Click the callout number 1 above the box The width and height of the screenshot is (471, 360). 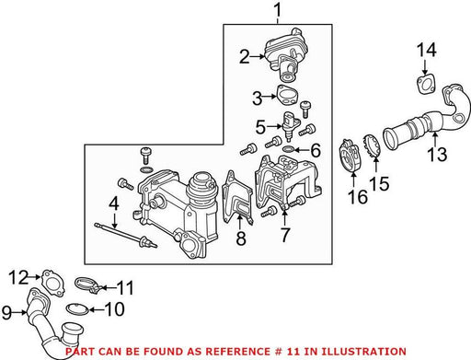pyautogui.click(x=277, y=10)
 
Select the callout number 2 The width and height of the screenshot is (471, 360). pyautogui.click(x=245, y=57)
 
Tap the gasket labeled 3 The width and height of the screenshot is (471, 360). pyautogui.click(x=288, y=95)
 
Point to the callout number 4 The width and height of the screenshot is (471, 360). pyautogui.click(x=114, y=203)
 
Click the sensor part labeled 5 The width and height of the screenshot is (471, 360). pyautogui.click(x=289, y=125)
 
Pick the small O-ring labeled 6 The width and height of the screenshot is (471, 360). pyautogui.click(x=289, y=149)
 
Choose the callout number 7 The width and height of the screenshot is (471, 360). pyautogui.click(x=285, y=235)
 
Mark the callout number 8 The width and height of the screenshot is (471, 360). pyautogui.click(x=241, y=238)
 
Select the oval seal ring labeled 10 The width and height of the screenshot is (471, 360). pyautogui.click(x=77, y=308)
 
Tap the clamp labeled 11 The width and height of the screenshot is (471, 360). pyautogui.click(x=88, y=285)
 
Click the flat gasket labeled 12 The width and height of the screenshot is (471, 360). pyautogui.click(x=53, y=283)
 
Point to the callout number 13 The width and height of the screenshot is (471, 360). pyautogui.click(x=437, y=154)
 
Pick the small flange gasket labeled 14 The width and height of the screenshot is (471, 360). pyautogui.click(x=426, y=84)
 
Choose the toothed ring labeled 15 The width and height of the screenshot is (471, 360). pyautogui.click(x=372, y=146)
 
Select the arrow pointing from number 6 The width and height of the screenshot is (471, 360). pyautogui.click(x=301, y=150)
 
